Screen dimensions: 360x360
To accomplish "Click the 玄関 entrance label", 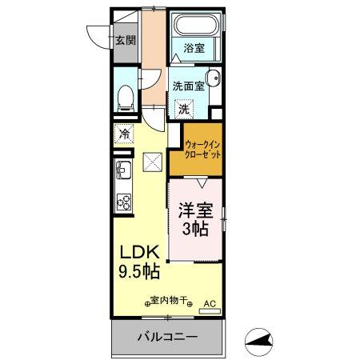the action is click(126, 41).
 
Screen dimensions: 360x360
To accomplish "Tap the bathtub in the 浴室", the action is click(196, 25).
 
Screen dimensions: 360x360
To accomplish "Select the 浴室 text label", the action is click(194, 49).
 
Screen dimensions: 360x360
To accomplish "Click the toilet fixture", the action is click(126, 98).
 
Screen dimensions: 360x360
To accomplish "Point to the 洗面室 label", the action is click(189, 86).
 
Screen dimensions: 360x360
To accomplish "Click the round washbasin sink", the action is click(214, 78).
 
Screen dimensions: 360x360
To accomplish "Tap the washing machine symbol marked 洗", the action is click(184, 109).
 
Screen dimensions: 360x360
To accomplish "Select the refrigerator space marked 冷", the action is click(124, 134).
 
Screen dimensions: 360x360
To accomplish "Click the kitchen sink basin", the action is click(123, 170).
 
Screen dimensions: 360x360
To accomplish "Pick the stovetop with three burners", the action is click(124, 202).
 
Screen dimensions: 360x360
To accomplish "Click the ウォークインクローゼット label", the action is click(202, 150).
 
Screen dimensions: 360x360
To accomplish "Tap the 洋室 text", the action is click(196, 210).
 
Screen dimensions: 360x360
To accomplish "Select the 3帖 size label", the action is click(195, 229).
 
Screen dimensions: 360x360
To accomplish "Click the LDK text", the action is click(140, 252).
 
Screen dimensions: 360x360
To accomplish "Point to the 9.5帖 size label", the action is click(139, 271).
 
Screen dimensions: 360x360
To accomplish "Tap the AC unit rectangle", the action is click(210, 311).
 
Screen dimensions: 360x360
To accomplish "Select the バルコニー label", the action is click(168, 337).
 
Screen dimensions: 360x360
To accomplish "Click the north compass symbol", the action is click(258, 342).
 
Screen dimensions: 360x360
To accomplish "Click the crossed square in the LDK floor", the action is click(153, 162).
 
